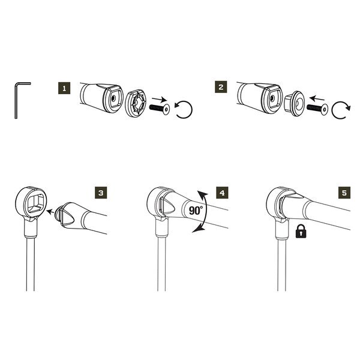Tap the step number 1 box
click(66, 88)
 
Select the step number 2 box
click(222, 88)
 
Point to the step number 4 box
click(222, 193)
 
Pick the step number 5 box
click(343, 193)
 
